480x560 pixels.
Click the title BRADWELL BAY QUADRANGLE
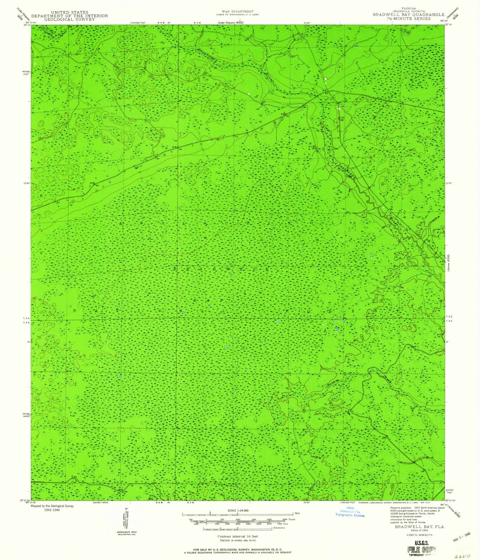[x=413, y=15]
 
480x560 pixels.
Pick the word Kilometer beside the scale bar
[x=279, y=527]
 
